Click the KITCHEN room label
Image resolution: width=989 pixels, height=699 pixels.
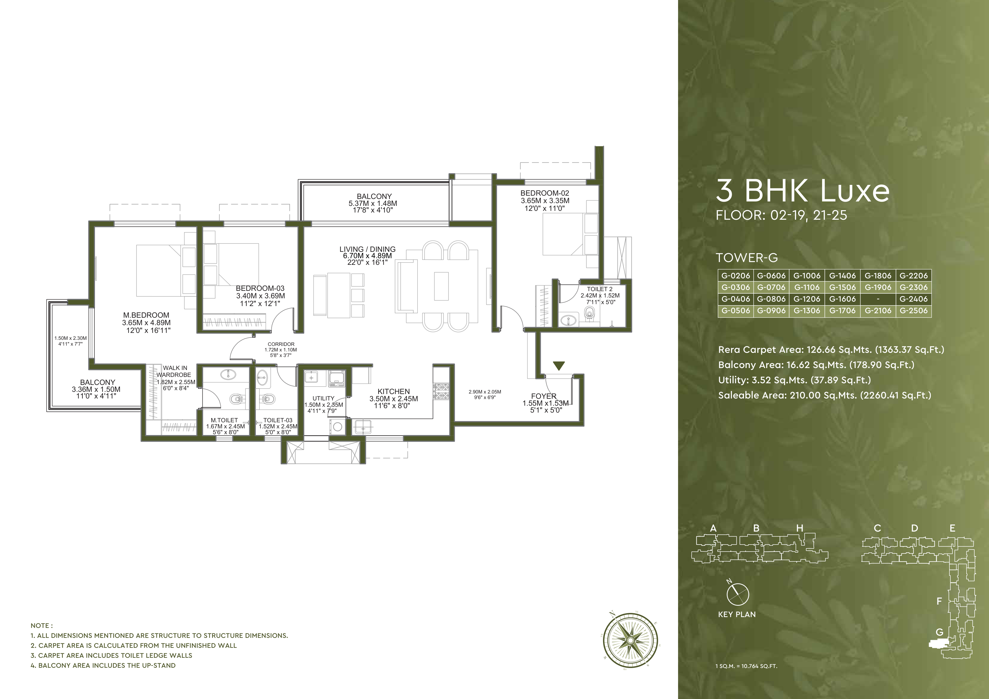[x=393, y=391]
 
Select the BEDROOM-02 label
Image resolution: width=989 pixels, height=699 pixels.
[x=544, y=193]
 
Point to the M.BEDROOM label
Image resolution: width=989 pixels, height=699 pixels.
[x=146, y=315]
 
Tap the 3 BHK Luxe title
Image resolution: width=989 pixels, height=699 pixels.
[x=802, y=191]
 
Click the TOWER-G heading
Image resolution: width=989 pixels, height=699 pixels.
[x=746, y=258]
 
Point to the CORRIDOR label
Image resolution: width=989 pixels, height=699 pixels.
[x=281, y=344]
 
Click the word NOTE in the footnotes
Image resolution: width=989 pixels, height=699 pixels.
[x=41, y=625]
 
